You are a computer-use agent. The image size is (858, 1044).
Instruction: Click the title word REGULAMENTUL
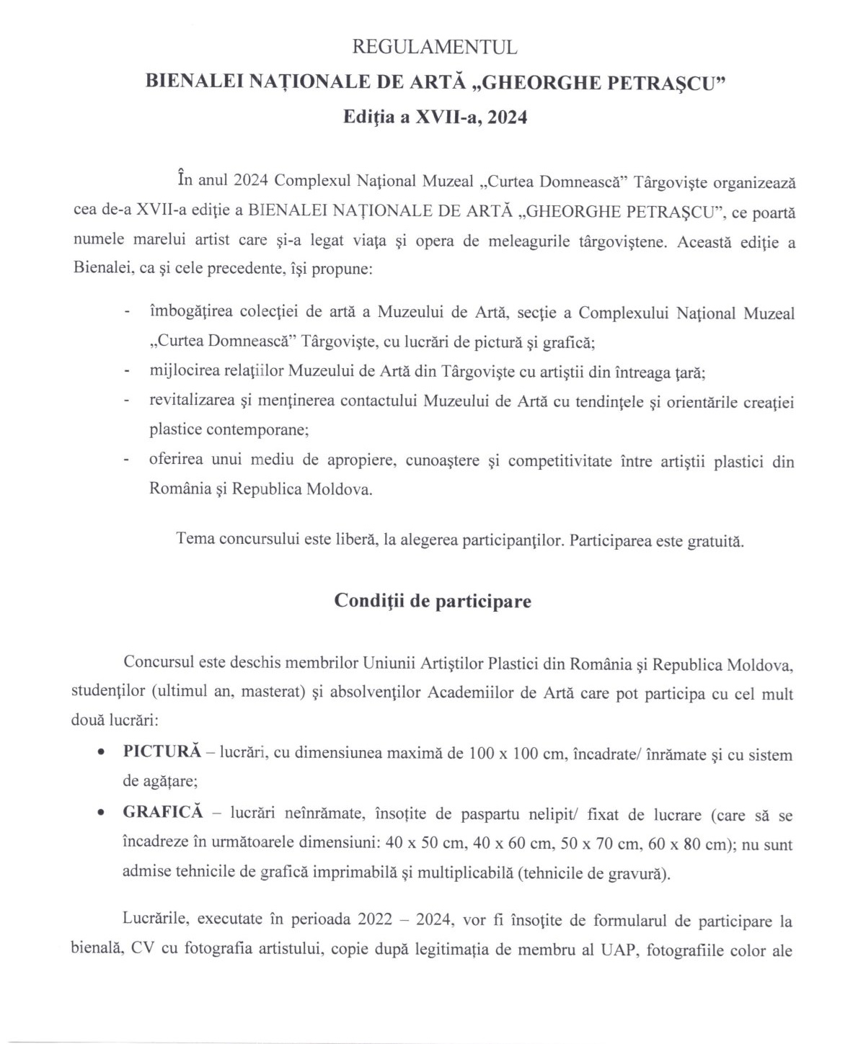[x=434, y=48]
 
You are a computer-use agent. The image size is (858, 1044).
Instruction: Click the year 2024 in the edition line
[x=507, y=117]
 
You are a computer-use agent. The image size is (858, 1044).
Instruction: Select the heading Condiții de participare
[x=433, y=601]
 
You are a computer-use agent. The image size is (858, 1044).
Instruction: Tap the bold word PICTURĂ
[x=162, y=751]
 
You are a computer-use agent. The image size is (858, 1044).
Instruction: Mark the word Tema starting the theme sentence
[x=195, y=539]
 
